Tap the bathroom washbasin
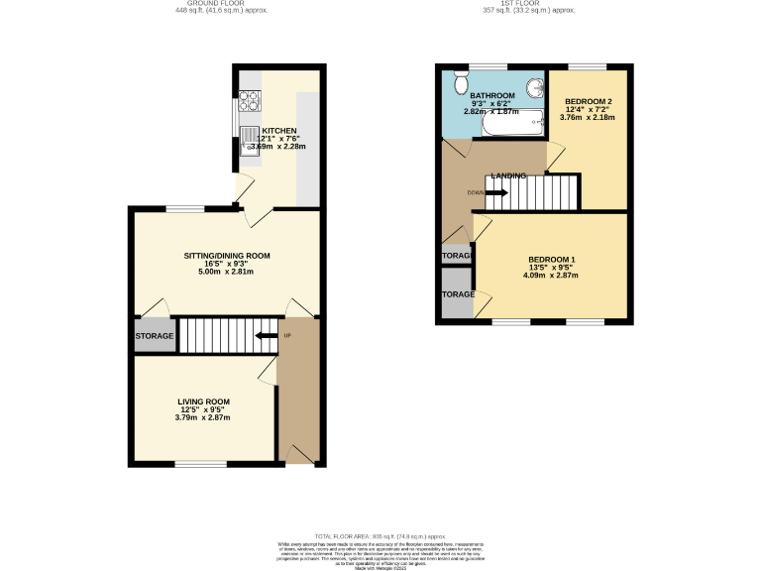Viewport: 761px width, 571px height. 535,88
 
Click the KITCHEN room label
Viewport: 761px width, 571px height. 278,131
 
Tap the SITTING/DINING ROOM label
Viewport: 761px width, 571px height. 227,256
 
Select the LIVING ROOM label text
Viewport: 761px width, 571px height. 204,401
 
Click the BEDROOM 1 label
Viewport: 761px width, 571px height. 552,259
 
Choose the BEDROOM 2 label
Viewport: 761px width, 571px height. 588,102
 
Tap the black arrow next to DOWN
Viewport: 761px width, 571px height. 495,192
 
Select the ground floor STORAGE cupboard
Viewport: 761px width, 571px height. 154,337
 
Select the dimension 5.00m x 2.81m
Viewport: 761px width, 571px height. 227,272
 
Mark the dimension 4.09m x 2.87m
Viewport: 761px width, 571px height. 552,275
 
